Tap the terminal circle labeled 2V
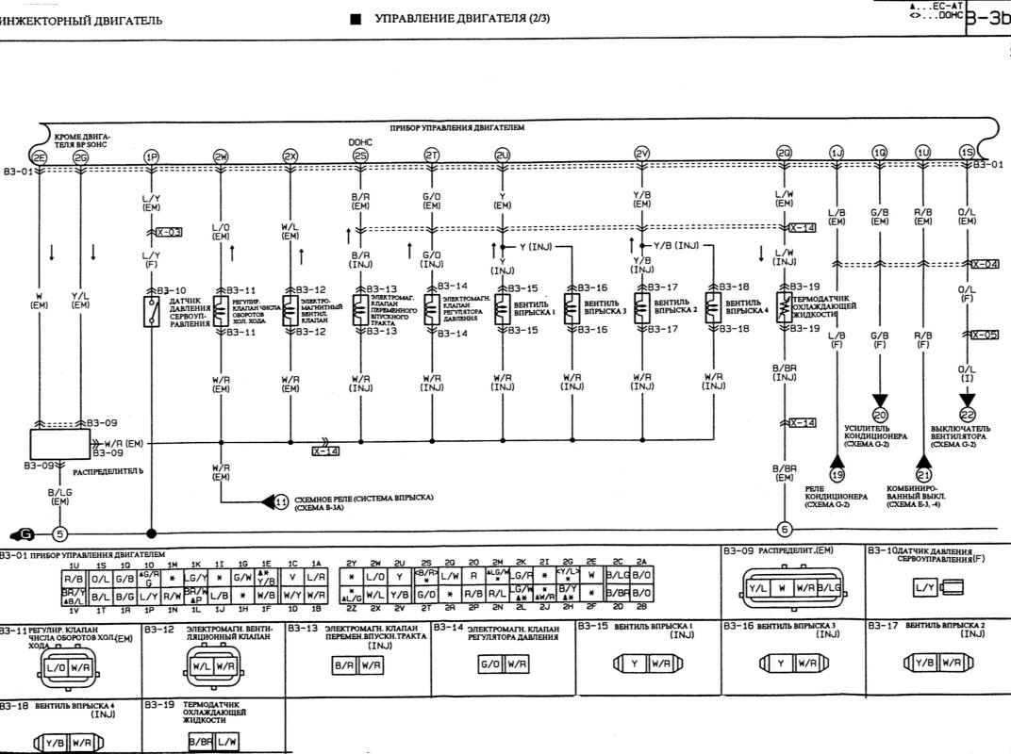pos(641,154)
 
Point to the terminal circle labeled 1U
pos(922,153)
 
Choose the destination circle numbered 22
pos(967,413)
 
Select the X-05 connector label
pos(985,335)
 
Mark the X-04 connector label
pos(985,264)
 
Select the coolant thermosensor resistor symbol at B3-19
pos(782,308)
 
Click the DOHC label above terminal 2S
pos(360,141)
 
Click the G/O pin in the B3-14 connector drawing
pos(489,664)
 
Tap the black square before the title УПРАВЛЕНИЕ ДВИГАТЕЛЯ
pos(355,19)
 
